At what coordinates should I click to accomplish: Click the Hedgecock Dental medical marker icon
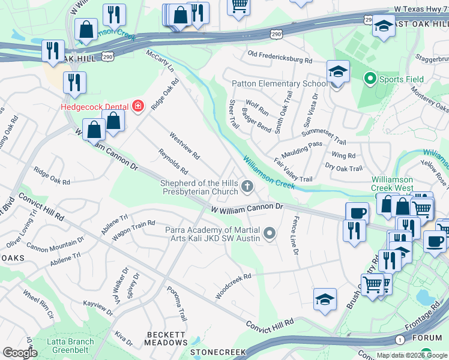coord(139,106)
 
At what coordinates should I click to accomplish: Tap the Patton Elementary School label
coord(279,83)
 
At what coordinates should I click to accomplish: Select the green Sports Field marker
coord(370,79)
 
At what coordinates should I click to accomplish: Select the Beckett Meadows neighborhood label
coord(167,338)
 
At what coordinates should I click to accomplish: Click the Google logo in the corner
coord(20,353)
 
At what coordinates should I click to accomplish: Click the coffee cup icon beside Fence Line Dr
coord(357,213)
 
